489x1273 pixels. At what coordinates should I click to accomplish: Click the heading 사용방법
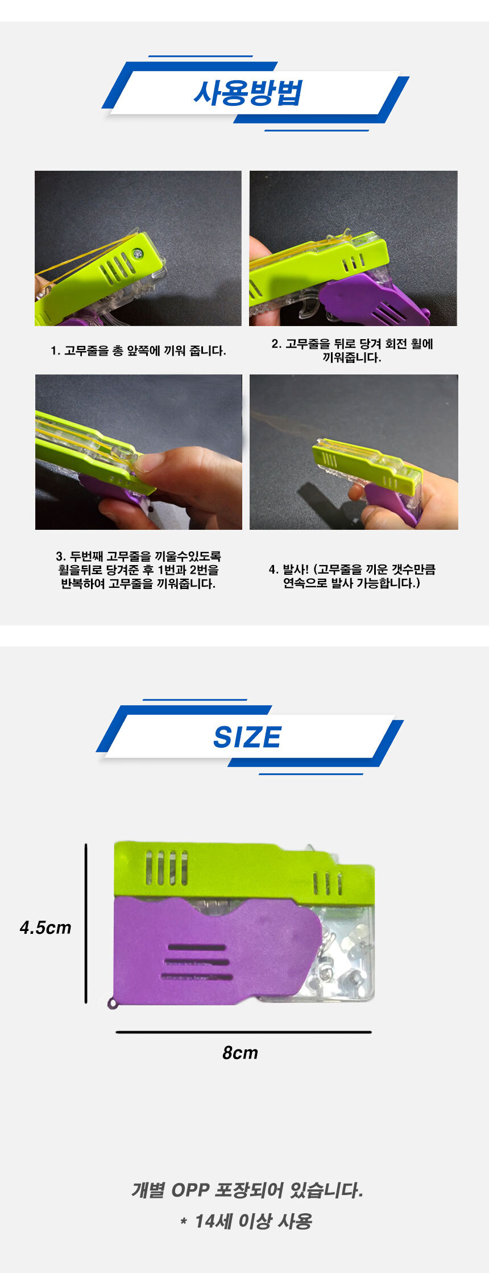(247, 93)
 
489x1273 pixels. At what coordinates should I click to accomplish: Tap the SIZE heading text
(247, 738)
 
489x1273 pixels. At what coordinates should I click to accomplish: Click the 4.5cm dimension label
(45, 928)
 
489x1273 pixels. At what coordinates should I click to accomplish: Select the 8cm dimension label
(240, 1053)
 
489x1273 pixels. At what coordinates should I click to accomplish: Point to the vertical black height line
(86, 924)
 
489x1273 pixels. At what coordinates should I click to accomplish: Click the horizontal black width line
(243, 1032)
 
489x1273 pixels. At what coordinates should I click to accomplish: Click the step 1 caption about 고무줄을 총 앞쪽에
(138, 351)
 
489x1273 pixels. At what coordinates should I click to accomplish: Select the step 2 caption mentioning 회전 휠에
(352, 351)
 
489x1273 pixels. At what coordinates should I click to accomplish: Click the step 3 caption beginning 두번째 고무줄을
(138, 570)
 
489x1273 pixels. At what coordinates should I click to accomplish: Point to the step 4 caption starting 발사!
(352, 576)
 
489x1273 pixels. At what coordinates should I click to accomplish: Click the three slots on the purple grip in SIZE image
(197, 962)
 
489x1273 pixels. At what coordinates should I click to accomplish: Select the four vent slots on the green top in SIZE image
(167, 868)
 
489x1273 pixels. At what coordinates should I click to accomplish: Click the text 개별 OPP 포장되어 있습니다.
(247, 1190)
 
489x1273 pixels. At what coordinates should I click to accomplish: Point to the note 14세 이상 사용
(247, 1221)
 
